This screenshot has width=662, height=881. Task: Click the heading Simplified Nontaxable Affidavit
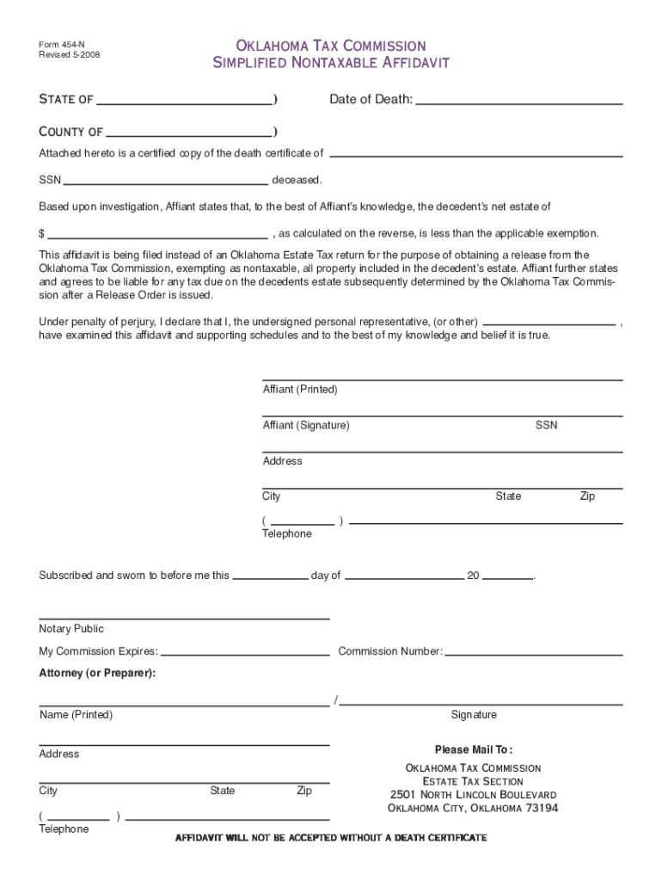coord(331,63)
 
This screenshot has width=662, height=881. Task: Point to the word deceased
coord(297,181)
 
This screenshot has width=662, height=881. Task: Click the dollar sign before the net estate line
coord(41,234)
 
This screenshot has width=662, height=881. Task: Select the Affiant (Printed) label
coord(300,390)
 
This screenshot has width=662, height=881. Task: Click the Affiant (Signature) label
coord(306,426)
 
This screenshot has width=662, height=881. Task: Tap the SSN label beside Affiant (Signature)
coord(546,426)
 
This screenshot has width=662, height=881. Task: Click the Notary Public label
coord(71,629)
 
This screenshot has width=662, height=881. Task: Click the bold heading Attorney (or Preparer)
coord(98,673)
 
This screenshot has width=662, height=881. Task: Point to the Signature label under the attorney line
coord(474,715)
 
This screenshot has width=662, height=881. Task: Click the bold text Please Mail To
coord(474,749)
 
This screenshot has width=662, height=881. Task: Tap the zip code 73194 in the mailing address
coord(542,809)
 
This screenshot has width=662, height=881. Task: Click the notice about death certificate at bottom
coord(331,838)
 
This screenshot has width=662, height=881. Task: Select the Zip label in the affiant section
coord(587,496)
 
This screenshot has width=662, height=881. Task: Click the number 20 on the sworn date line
coord(473,576)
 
